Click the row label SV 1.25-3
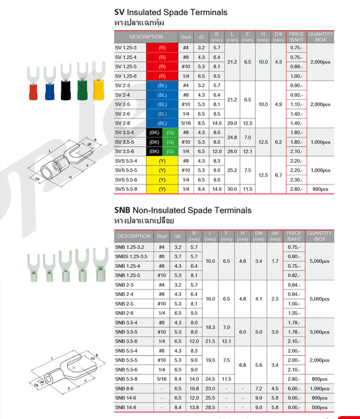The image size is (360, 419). (125, 48)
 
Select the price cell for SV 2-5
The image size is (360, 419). (296, 104)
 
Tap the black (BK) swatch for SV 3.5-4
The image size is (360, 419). (154, 133)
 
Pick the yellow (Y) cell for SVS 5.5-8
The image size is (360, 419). (162, 189)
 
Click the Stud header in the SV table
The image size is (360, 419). (186, 37)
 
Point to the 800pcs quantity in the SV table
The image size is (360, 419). (320, 189)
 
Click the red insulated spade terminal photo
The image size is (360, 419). (33, 84)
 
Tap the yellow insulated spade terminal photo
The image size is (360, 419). (99, 81)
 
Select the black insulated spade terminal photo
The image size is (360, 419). (66, 82)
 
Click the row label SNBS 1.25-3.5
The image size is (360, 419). (131, 257)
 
